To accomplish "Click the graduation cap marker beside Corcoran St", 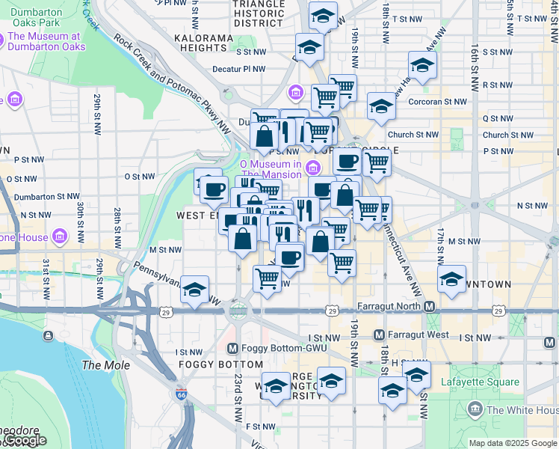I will (380, 106).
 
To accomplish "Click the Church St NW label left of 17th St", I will (413, 135).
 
